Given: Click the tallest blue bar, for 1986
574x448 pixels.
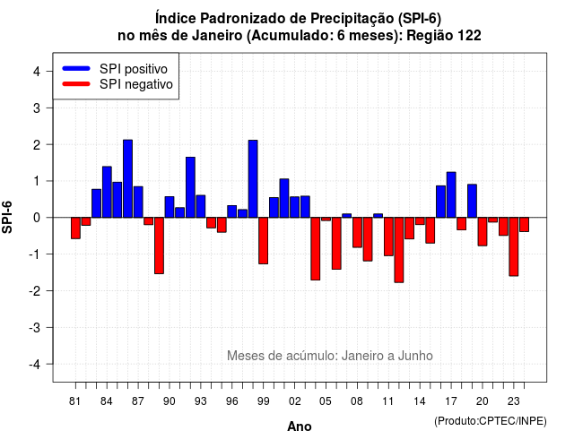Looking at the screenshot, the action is pyautogui.click(x=127, y=178).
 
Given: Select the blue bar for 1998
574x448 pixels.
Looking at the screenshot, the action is pyautogui.click(x=253, y=179).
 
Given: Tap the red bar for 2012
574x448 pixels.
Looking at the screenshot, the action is pyautogui.click(x=399, y=250).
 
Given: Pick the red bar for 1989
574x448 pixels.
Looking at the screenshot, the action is pyautogui.click(x=159, y=246).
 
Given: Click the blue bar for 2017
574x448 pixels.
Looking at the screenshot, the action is pyautogui.click(x=451, y=195).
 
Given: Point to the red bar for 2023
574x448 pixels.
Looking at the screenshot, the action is pyautogui.click(x=514, y=247).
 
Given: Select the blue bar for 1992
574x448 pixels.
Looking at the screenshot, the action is pyautogui.click(x=190, y=187).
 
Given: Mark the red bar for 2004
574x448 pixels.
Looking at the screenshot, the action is pyautogui.click(x=316, y=249).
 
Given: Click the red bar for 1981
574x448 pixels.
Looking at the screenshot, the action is pyautogui.click(x=75, y=228).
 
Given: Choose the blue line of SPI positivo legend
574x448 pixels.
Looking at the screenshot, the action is pyautogui.click(x=76, y=68).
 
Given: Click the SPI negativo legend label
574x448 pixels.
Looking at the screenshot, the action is pyautogui.click(x=136, y=84).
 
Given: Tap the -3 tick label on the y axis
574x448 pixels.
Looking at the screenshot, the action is pyautogui.click(x=35, y=327).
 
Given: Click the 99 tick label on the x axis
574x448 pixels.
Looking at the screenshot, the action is pyautogui.click(x=263, y=401).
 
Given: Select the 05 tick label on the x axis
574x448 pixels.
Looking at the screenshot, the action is pyautogui.click(x=326, y=401).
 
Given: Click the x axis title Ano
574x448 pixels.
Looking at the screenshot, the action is pyautogui.click(x=300, y=426).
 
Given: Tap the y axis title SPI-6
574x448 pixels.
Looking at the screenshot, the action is pyautogui.click(x=7, y=217).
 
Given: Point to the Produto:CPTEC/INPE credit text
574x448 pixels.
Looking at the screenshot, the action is pyautogui.click(x=491, y=421).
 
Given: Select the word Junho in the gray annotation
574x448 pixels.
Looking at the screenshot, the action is pyautogui.click(x=415, y=356).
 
